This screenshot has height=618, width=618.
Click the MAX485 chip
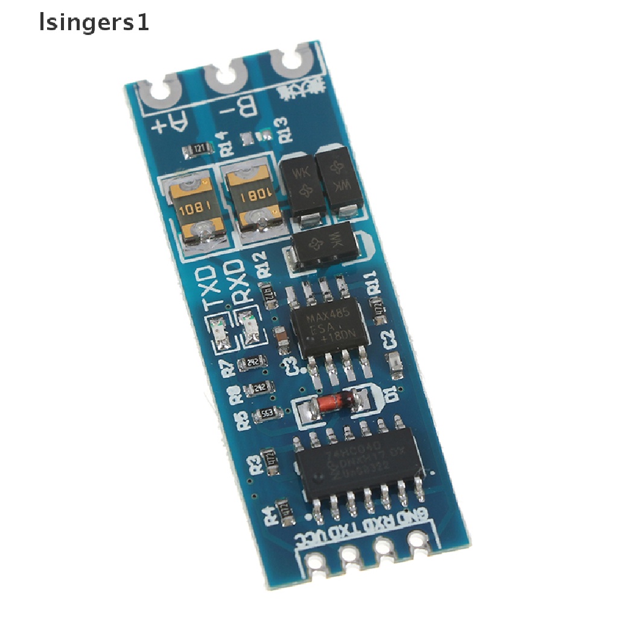point(329,327)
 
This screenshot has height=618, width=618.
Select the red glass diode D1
point(323,401)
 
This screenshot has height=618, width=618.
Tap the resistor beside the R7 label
point(249,363)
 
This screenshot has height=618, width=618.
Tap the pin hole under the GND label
point(416,539)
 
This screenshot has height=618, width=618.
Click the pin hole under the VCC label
point(315,562)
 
